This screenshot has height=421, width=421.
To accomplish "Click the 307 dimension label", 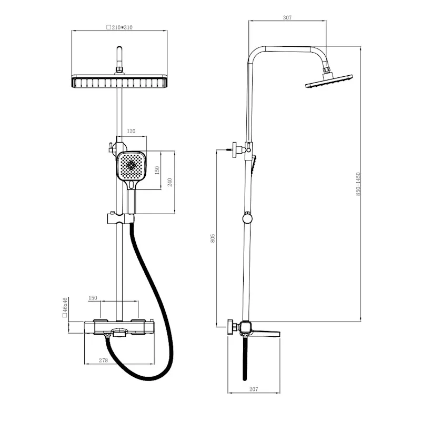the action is (287, 18).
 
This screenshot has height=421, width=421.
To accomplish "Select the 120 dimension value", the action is (131, 131).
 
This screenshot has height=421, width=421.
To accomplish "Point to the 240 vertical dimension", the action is (169, 182).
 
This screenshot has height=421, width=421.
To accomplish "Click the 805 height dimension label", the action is (213, 238).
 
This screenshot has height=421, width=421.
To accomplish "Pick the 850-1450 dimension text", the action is (358, 184).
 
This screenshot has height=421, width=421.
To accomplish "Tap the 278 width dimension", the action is (103, 360).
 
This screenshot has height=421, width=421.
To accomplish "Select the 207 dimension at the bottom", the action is (254, 389).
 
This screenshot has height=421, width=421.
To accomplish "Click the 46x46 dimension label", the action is (65, 307).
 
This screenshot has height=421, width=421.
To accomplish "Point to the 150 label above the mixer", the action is (93, 298).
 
